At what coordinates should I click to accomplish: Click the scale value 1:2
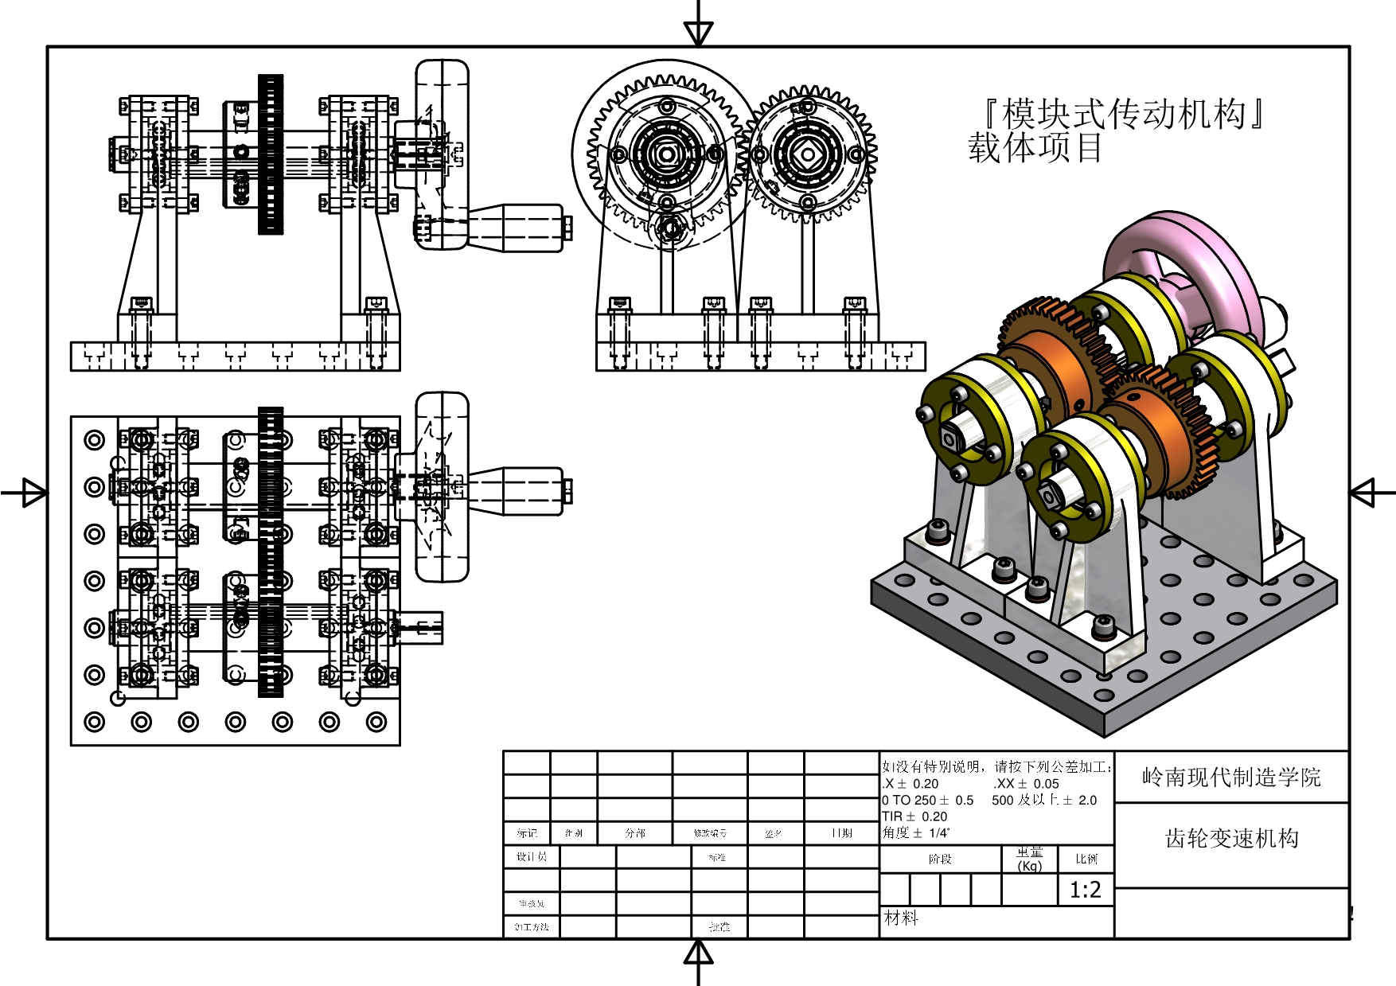click(1085, 890)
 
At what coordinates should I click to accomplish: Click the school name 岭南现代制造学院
click(1230, 777)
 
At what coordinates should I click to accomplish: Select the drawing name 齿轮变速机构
click(1231, 838)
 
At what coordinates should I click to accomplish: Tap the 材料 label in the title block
click(901, 918)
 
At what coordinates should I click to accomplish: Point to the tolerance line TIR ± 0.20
click(914, 816)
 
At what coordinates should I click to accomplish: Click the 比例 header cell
click(1086, 859)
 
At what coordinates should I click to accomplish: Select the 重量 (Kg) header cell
click(1029, 859)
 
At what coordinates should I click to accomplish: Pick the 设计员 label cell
click(531, 856)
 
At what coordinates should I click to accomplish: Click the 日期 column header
click(841, 833)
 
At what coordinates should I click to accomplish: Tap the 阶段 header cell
click(940, 859)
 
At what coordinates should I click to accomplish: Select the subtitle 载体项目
click(1035, 148)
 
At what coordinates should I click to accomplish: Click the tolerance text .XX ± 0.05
click(1026, 784)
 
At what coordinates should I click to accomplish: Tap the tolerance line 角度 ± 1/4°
click(915, 833)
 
